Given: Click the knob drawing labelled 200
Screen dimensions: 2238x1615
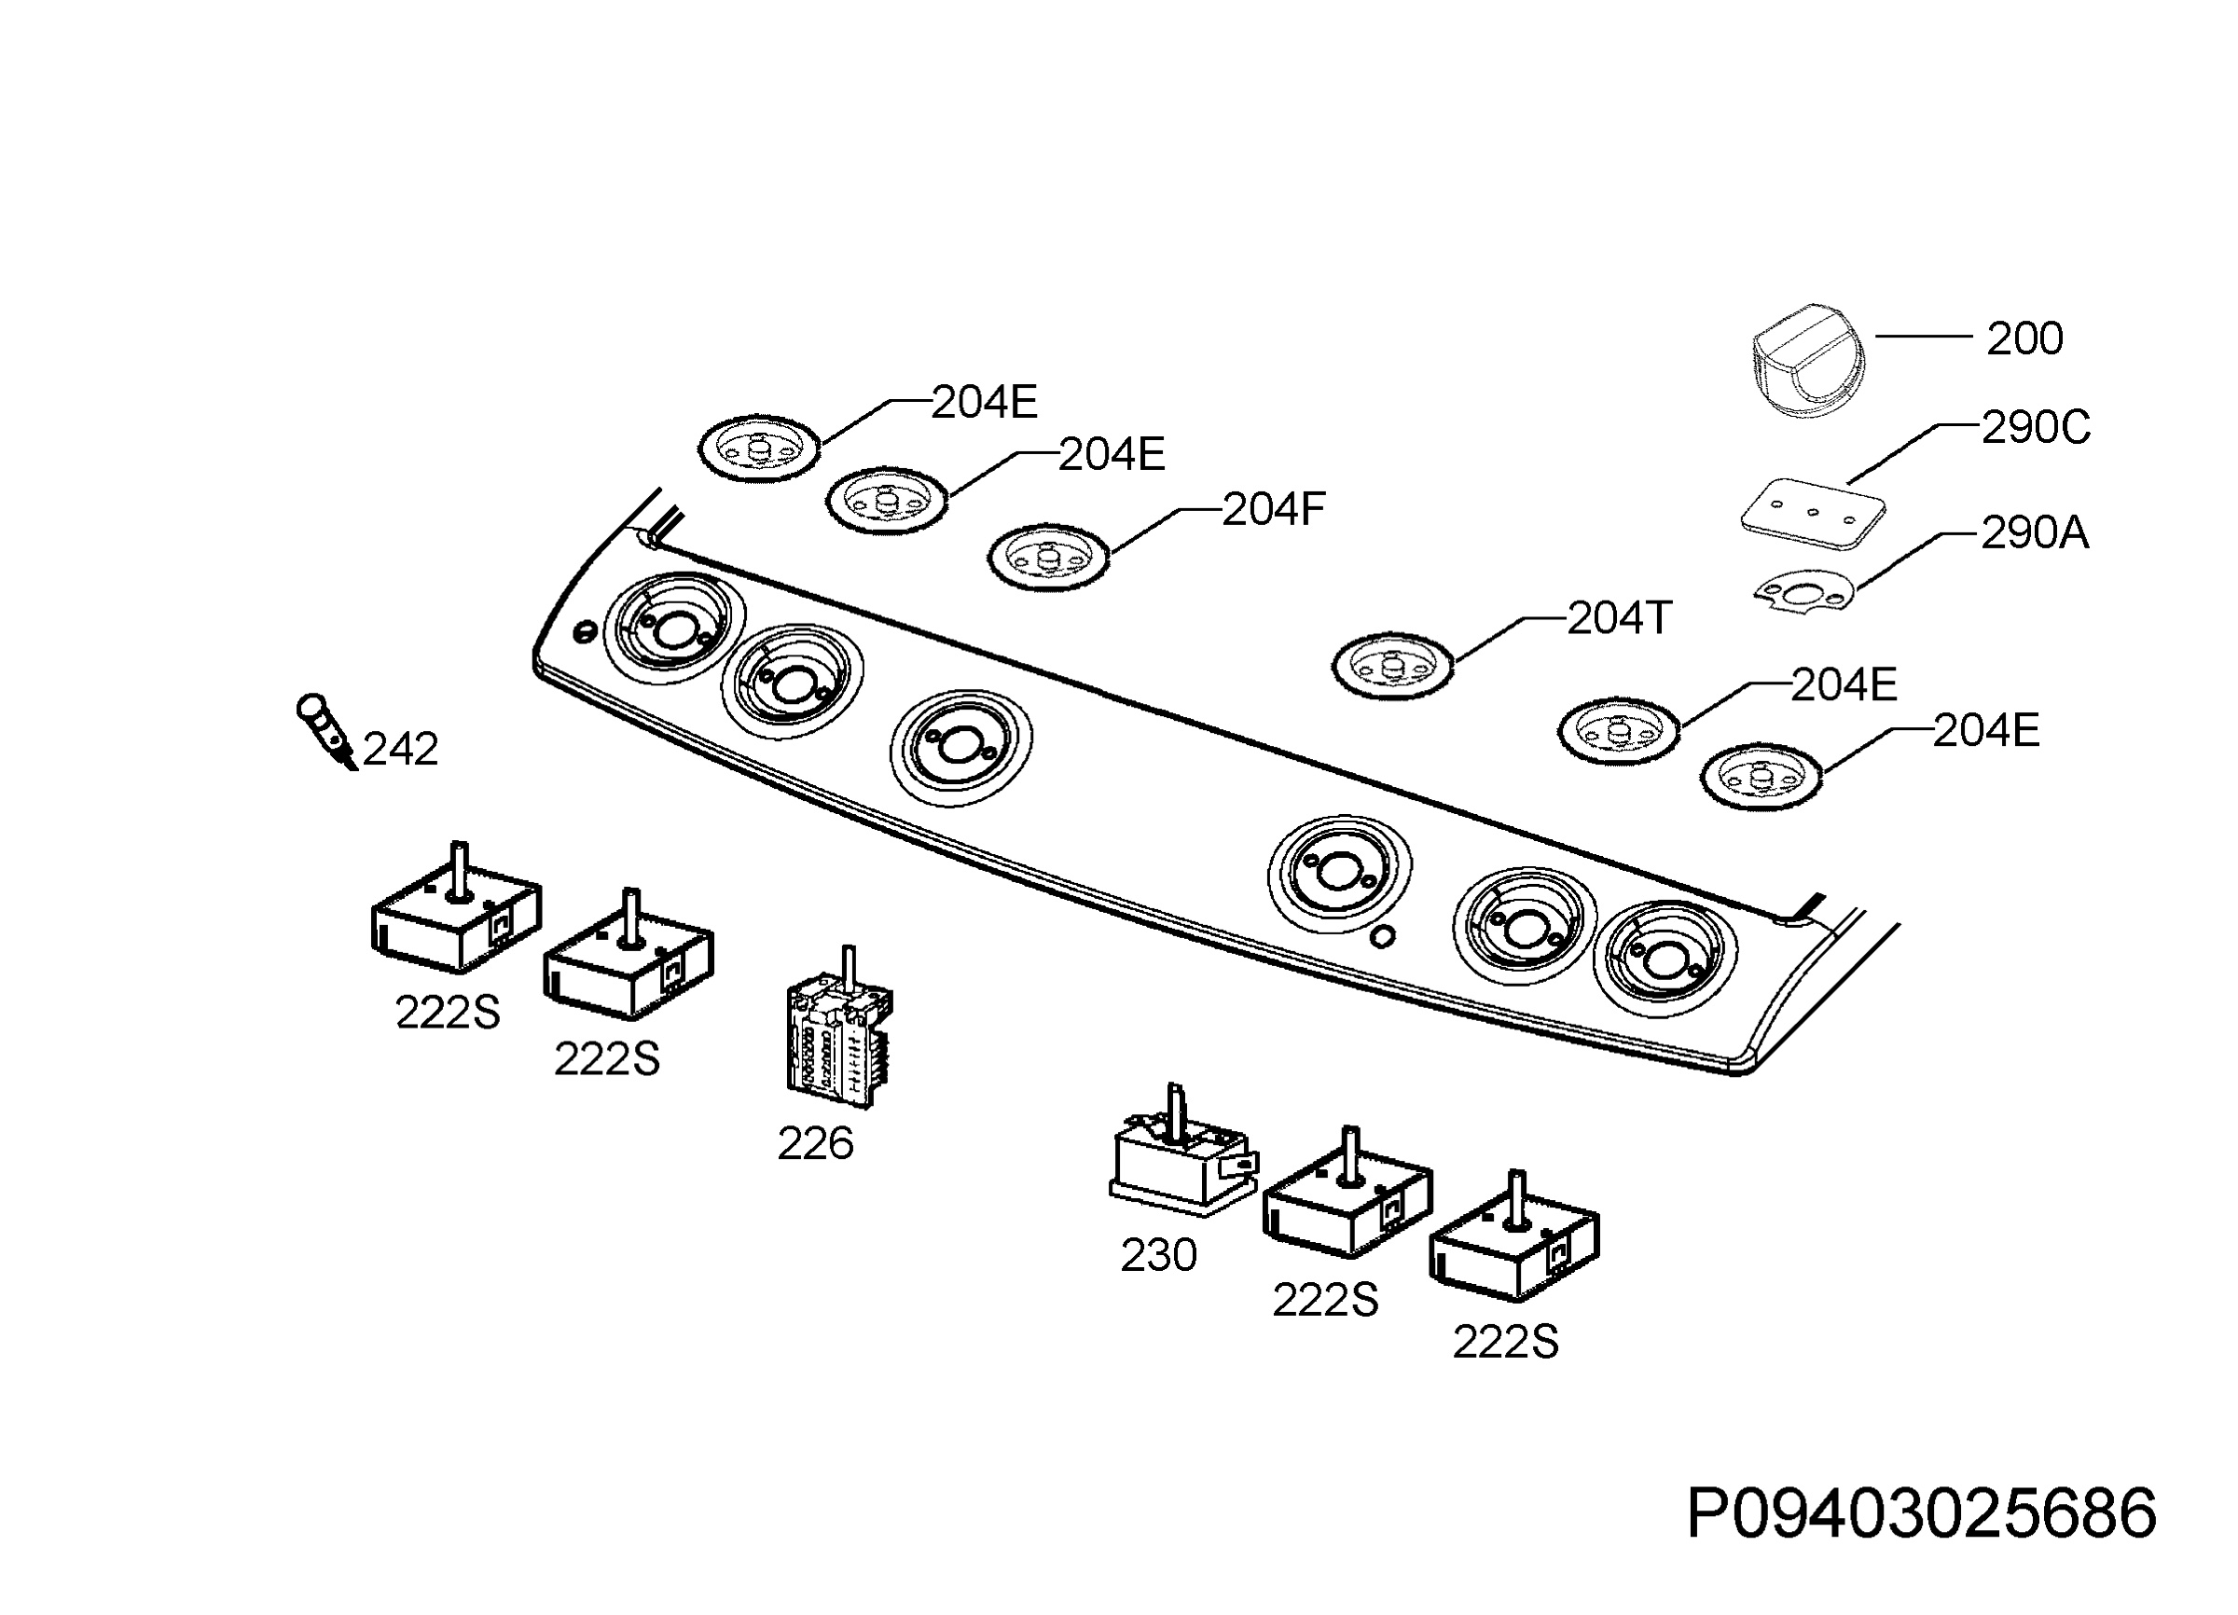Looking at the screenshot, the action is tap(1810, 360).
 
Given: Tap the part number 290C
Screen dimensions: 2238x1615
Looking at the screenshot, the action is tap(2036, 427).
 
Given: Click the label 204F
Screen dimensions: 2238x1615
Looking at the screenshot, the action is tap(1273, 509).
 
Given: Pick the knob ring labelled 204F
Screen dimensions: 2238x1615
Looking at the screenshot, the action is tap(1048, 559).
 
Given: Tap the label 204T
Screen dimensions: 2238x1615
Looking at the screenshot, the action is tap(1620, 618).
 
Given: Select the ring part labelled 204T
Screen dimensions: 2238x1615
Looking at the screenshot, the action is tap(1393, 668).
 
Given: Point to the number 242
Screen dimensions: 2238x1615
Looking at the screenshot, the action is tap(401, 750).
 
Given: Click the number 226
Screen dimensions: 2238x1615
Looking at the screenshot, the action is tap(815, 1144).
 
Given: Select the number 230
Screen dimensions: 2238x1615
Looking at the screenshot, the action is tap(1158, 1256).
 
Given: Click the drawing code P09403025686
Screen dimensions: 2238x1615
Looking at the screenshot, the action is tap(1921, 1514).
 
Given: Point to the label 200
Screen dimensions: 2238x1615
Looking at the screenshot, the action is tap(2024, 338).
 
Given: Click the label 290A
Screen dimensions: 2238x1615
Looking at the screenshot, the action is tap(2035, 532).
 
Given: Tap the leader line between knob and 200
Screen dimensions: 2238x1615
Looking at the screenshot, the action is tap(1922, 336).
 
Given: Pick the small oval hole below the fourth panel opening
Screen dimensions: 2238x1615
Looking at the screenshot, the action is tap(1384, 935).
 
